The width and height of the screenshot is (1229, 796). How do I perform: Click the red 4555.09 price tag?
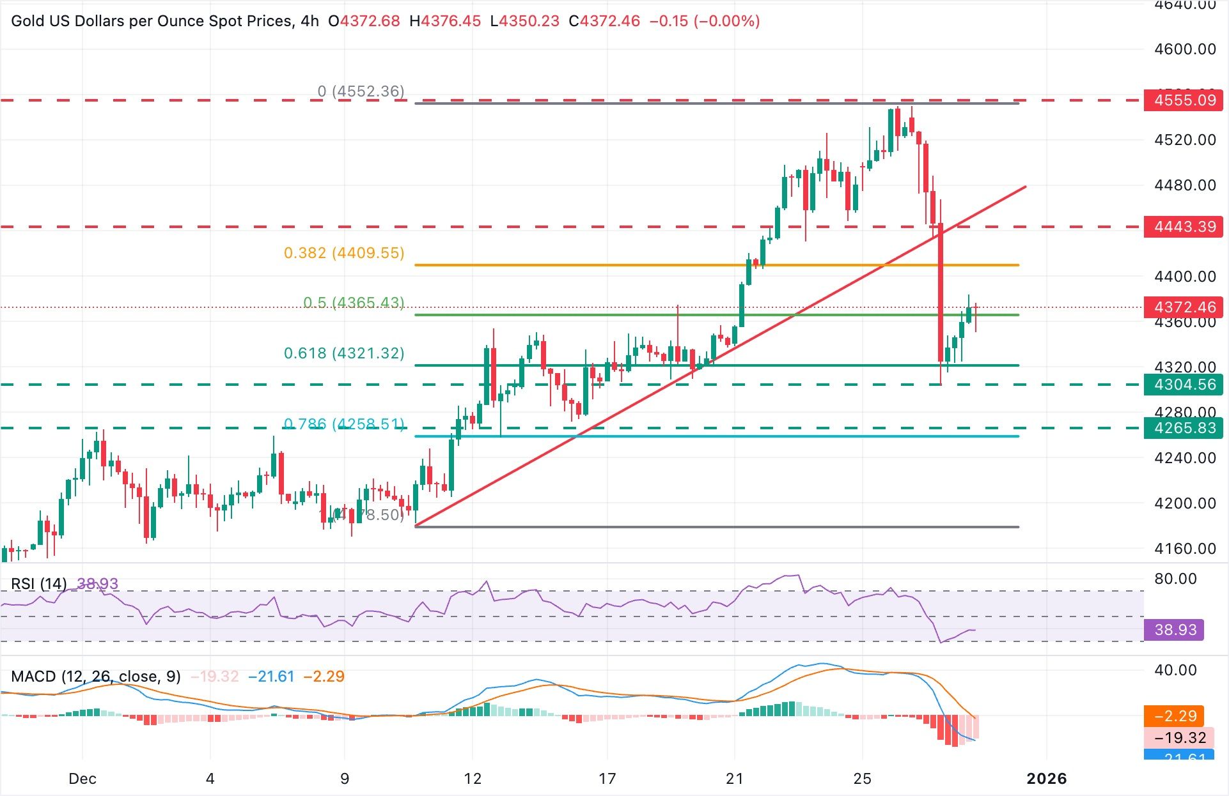(1184, 100)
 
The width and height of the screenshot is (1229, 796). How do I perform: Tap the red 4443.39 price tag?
(1184, 227)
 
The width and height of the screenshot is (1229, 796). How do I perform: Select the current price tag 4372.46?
(1184, 307)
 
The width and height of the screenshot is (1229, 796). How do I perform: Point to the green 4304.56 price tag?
(1184, 385)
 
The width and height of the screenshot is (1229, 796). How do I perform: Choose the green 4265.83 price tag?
(1184, 428)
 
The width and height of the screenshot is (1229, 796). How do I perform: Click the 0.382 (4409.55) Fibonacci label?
(344, 253)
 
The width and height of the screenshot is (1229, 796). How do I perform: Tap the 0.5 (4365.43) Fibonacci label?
(354, 302)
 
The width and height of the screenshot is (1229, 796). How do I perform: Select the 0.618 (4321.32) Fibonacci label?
(344, 353)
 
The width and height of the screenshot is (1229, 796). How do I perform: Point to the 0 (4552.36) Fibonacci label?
(361, 91)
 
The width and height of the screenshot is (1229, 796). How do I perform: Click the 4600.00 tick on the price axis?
(1185, 49)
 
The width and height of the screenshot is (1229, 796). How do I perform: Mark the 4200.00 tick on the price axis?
(1185, 503)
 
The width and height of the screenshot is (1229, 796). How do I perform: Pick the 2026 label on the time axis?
(1046, 779)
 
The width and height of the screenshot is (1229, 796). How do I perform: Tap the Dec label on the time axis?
(82, 779)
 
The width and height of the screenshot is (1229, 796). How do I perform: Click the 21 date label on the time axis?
(735, 779)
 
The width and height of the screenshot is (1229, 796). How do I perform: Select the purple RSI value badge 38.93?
(1175, 630)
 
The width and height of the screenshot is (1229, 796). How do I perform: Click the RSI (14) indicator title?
(39, 584)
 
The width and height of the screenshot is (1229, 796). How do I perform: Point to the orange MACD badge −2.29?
(1175, 716)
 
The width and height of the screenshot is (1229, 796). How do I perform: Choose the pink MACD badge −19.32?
(1175, 738)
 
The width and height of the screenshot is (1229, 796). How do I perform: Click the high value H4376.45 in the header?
(445, 21)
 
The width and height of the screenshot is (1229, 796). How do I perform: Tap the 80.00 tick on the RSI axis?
(1175, 579)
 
